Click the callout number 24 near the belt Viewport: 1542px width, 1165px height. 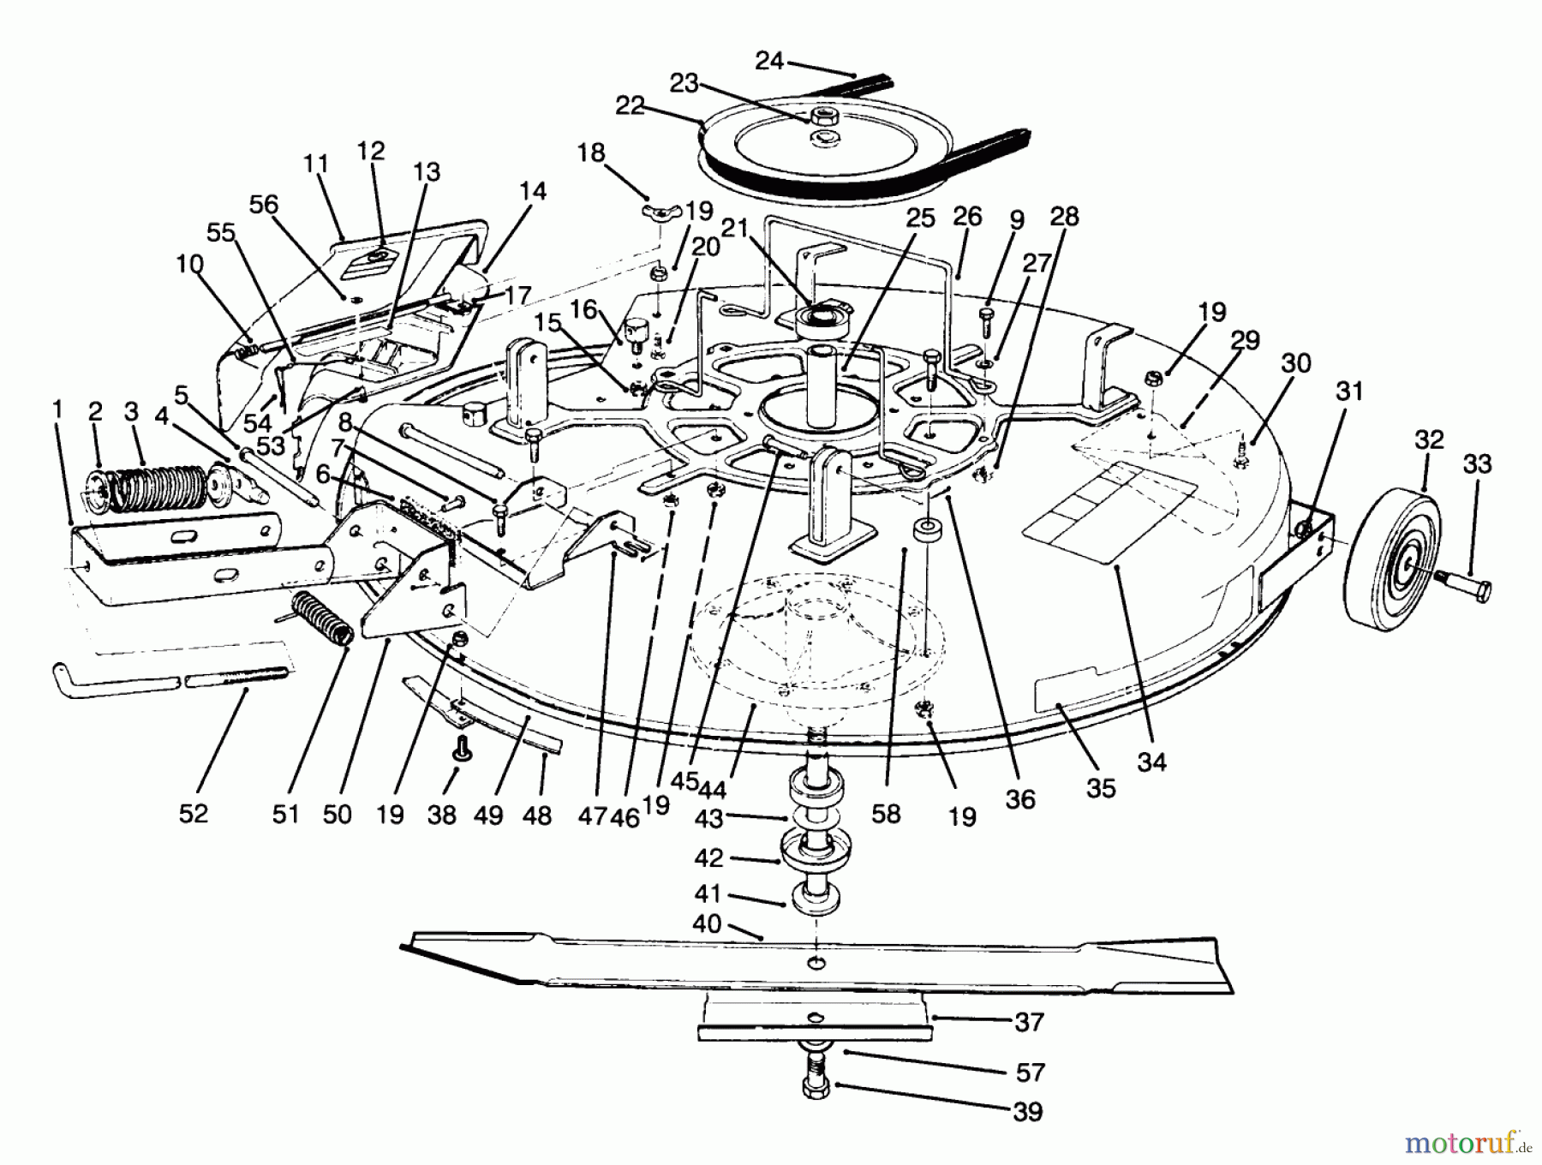(x=768, y=61)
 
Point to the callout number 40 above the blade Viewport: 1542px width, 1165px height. (x=707, y=924)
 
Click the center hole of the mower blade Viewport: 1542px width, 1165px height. (x=818, y=965)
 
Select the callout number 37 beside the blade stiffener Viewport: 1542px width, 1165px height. (x=1028, y=1021)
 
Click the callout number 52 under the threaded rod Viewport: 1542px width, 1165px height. (x=194, y=812)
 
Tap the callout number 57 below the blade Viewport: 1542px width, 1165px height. (x=1030, y=1072)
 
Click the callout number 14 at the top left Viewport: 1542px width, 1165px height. (x=533, y=190)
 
